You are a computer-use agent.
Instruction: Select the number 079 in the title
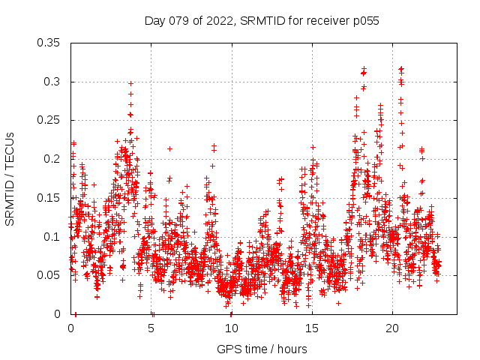click(179, 21)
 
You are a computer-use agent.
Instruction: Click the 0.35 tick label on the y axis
click(50, 43)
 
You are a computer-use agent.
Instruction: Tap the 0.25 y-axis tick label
click(50, 120)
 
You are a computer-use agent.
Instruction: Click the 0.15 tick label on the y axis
click(50, 198)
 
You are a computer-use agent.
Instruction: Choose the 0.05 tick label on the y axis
click(50, 275)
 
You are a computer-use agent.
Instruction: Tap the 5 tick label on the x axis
click(151, 328)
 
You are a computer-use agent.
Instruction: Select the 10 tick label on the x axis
click(232, 328)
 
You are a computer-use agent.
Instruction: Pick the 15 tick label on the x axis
click(312, 328)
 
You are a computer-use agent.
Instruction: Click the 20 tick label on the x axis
click(392, 328)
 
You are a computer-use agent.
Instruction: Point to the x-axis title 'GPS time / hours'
click(262, 349)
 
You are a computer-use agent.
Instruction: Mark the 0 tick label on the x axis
click(71, 328)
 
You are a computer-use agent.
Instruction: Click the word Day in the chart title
click(154, 21)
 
